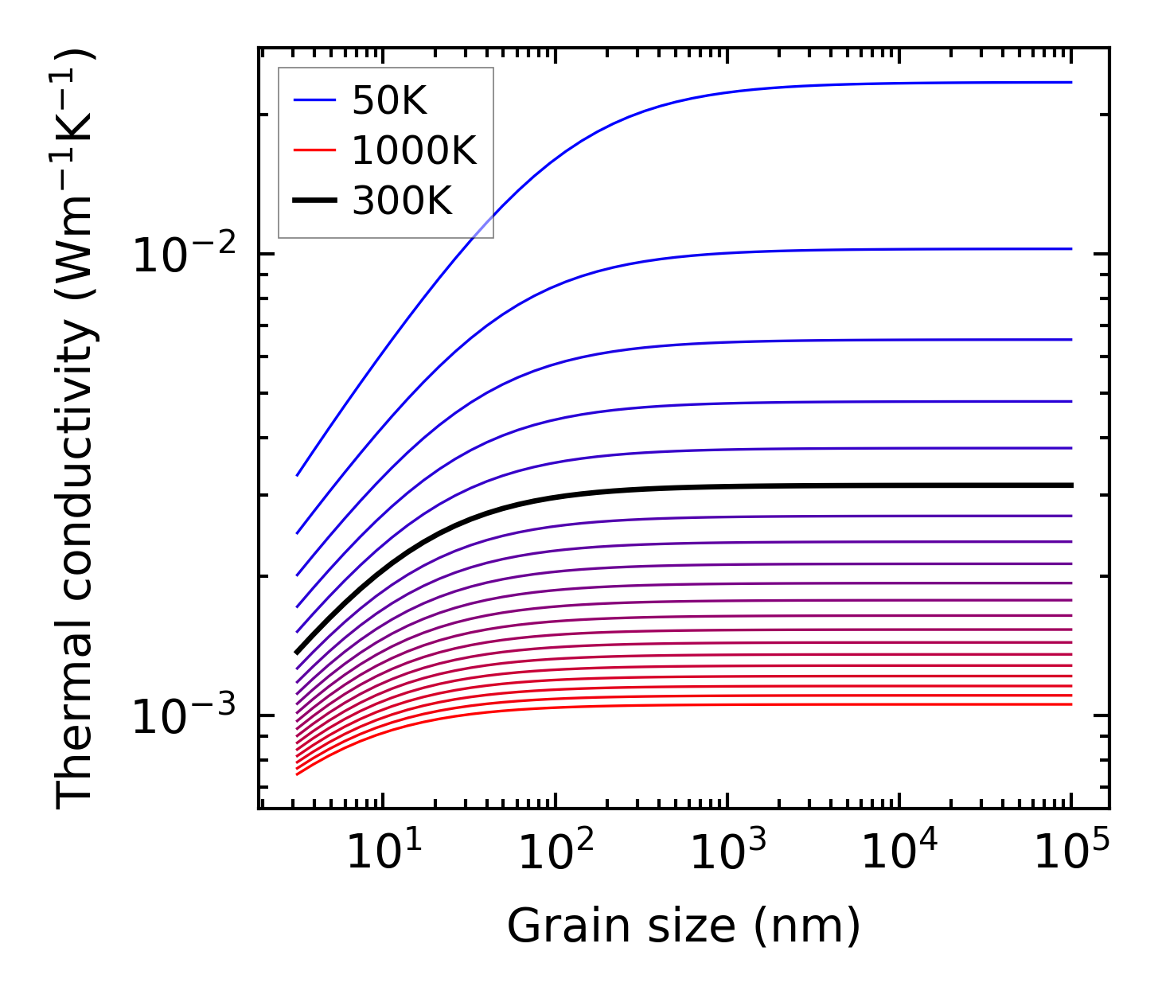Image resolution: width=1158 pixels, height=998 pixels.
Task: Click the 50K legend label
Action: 389,101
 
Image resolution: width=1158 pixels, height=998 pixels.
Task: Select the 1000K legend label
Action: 414,151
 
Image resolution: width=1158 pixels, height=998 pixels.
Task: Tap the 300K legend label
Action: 402,201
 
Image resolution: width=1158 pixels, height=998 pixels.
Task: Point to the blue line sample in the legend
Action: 314,100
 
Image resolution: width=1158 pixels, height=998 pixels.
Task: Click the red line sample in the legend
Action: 314,150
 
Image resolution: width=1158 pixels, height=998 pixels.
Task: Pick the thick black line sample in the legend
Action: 314,201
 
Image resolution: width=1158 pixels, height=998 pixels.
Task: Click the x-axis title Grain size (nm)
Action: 684,926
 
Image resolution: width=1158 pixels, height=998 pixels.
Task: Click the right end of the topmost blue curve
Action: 1071,82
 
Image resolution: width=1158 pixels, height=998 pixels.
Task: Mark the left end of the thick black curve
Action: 297,653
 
